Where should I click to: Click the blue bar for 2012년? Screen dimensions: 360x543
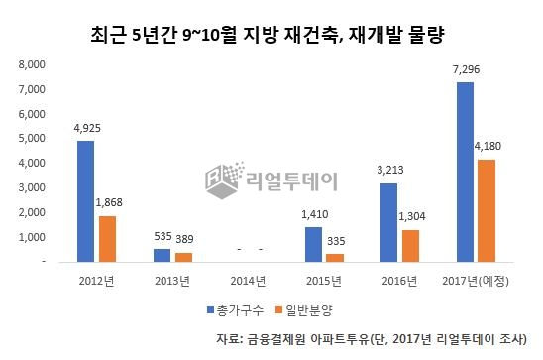point(87,201)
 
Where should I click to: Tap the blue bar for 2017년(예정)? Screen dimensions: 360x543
point(464,173)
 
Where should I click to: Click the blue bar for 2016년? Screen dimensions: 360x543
point(388,222)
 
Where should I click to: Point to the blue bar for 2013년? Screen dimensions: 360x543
point(163,255)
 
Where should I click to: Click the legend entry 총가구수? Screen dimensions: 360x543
point(235,310)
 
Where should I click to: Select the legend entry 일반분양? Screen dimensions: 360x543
point(310,310)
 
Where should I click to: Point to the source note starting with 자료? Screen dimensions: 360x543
point(377,340)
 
